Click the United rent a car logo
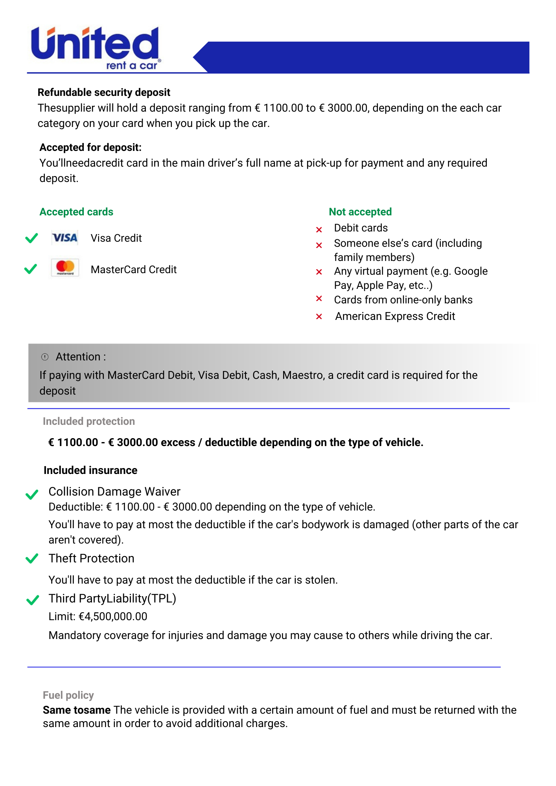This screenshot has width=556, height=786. pos(96,48)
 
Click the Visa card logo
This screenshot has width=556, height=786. pos(65,238)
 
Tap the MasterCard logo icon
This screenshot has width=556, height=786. pos(65,268)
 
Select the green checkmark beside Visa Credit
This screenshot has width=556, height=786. pos(31,238)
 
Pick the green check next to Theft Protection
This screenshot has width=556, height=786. pos(32,558)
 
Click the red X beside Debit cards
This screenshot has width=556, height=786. pos(319,230)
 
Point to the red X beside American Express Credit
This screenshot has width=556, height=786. pos(319,317)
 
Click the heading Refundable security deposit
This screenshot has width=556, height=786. pos(104,92)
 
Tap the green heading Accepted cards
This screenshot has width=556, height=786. pos(76,212)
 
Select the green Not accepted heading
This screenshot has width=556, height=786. pos(360,212)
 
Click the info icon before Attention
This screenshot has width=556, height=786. pos(45,357)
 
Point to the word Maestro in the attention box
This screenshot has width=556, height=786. pos(303,375)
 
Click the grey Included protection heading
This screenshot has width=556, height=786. pos(89,421)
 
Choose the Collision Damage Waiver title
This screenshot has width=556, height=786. pos(114,492)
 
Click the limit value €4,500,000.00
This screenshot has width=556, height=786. pos(113,617)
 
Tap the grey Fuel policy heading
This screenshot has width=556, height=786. pos(68,695)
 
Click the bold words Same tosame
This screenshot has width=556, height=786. pos(77,710)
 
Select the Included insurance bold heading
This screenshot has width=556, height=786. pos(90,470)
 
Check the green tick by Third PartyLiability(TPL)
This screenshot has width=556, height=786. pos(32,600)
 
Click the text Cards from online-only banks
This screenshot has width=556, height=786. pos(403,300)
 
